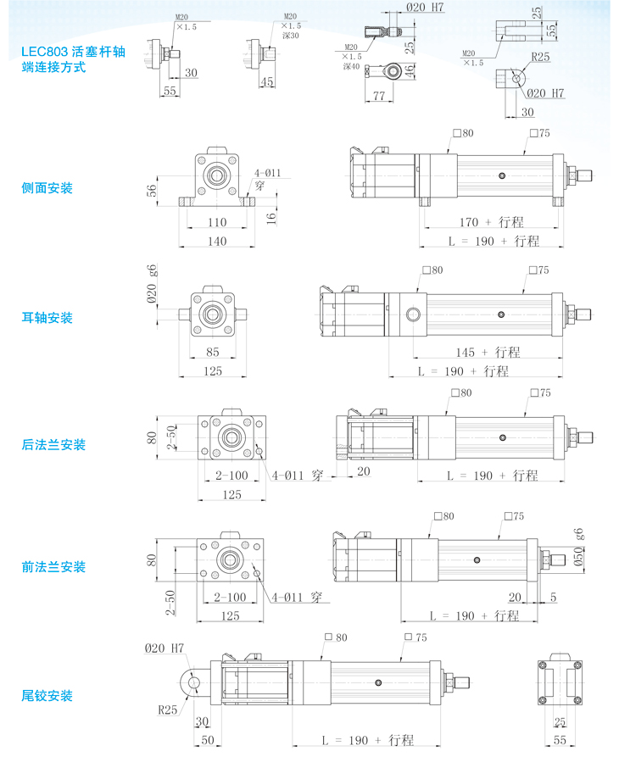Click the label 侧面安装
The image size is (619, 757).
pos(47,188)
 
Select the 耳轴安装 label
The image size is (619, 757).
pos(47,319)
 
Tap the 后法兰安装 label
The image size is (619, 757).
pos(53,445)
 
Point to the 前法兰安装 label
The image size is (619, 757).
pos(53,567)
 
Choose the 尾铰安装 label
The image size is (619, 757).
pos(47,697)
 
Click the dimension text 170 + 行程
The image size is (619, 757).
pos(492,222)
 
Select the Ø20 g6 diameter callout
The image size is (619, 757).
pos(153,283)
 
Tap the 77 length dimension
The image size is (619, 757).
pos(381,97)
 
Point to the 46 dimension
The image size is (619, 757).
pos(411,71)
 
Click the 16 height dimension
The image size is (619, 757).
pos(271,218)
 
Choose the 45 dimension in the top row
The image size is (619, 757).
pos(267,82)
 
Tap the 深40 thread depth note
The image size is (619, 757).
pos(351,66)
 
